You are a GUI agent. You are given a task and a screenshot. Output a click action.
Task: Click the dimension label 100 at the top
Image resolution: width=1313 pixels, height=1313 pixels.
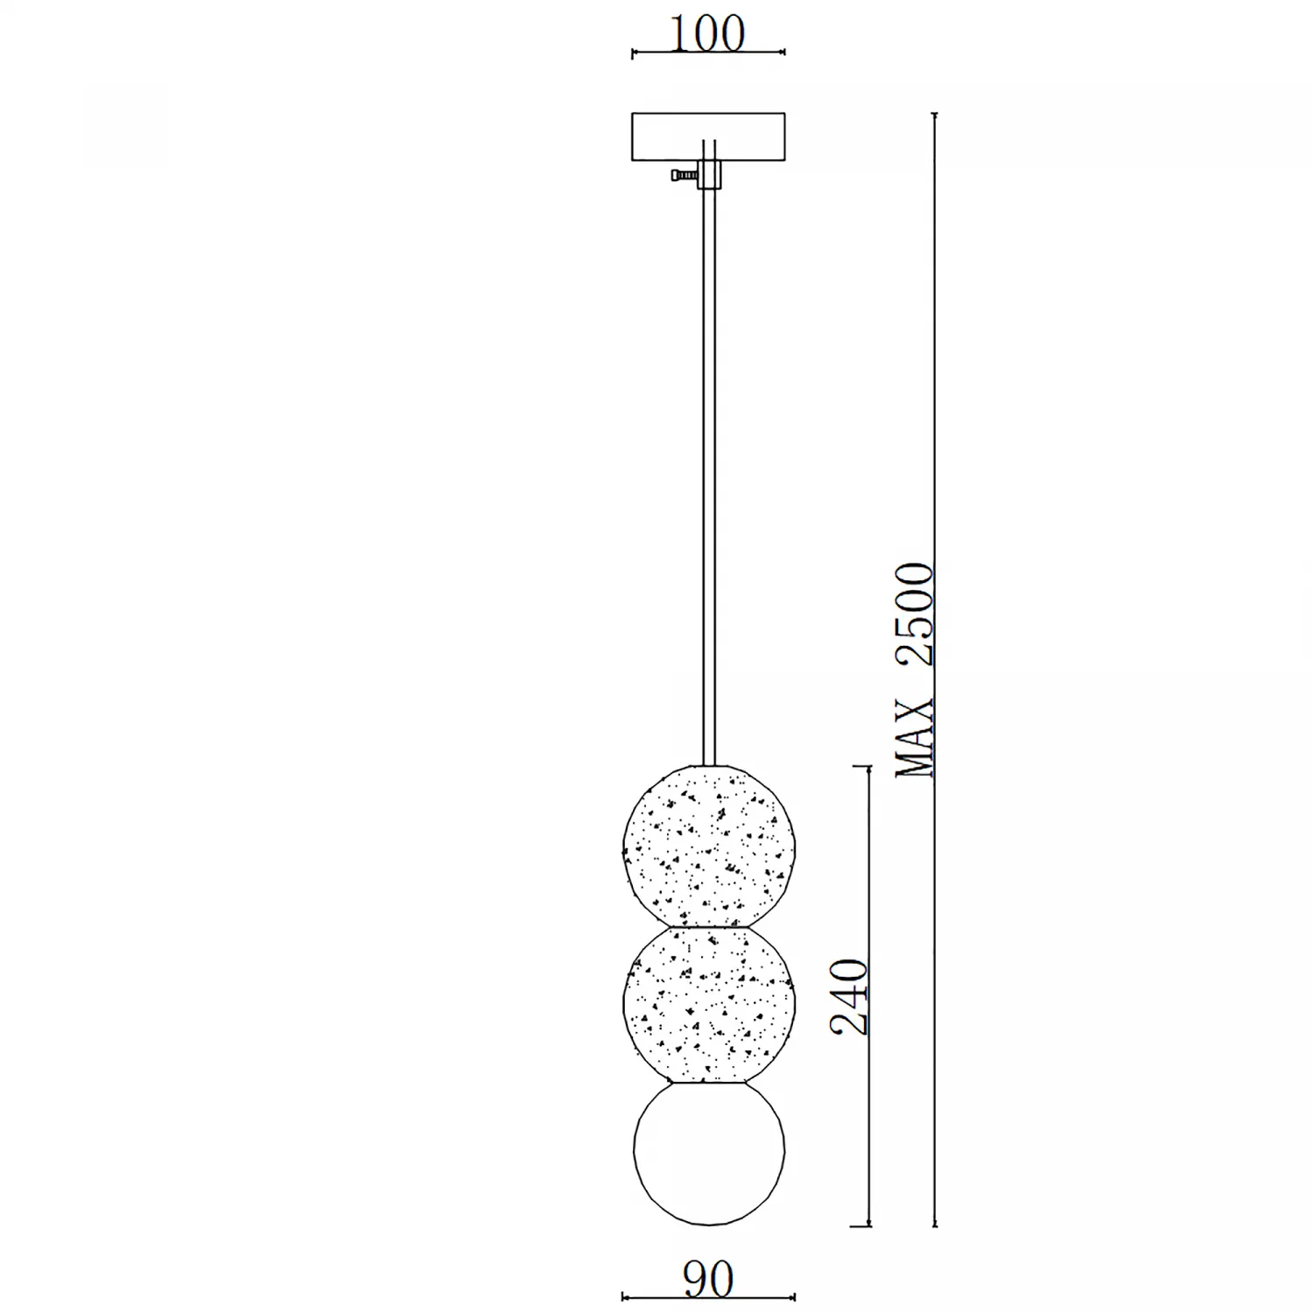tap(707, 33)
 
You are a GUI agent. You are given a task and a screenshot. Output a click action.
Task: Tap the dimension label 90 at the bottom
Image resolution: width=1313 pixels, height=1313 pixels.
tap(708, 1280)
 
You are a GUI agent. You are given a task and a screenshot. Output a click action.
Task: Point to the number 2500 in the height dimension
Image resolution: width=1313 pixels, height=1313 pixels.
tap(915, 614)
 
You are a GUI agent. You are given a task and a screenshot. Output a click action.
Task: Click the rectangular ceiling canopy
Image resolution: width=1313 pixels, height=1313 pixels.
tap(708, 137)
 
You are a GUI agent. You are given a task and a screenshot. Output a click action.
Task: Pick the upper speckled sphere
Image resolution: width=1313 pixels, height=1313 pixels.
tap(708, 845)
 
